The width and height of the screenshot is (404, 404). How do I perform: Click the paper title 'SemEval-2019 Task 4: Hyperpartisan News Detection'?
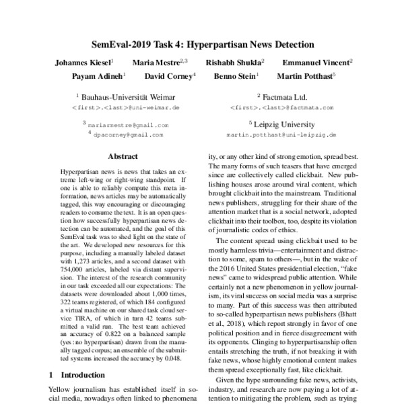pyautogui.click(x=202, y=45)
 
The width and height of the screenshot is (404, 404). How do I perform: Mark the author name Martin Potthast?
pyautogui.click(x=305, y=76)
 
